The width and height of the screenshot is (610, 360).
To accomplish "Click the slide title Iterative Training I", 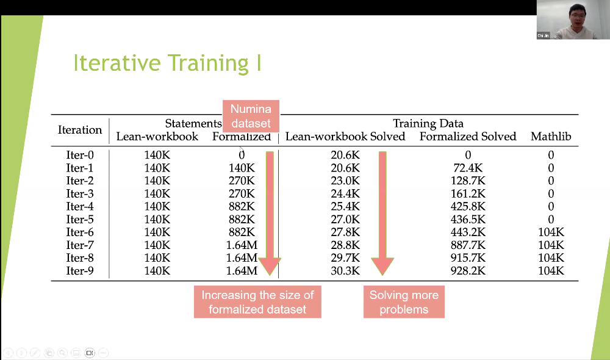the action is [x=167, y=63].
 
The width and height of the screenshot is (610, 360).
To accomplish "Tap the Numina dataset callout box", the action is [x=251, y=116].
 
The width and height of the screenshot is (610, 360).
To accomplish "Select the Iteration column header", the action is [x=80, y=129].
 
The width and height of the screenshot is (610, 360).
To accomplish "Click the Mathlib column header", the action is [x=551, y=136].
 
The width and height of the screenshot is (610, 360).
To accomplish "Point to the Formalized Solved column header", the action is [x=468, y=136].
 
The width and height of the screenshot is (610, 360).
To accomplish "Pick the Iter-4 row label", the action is [x=80, y=206].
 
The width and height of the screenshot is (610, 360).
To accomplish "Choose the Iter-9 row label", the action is [x=80, y=270].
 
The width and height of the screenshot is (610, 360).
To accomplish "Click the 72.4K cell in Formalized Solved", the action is [x=468, y=168].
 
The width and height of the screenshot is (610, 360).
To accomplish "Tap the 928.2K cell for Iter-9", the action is [x=468, y=270].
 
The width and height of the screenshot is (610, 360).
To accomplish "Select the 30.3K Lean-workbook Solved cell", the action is [x=345, y=270].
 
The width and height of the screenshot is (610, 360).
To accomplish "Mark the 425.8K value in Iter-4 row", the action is [x=468, y=206].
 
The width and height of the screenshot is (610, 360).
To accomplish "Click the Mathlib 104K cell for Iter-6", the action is [x=551, y=232].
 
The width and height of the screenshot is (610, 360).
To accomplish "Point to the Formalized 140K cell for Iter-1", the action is [x=242, y=168].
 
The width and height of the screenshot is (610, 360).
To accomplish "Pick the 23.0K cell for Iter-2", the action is [x=345, y=181].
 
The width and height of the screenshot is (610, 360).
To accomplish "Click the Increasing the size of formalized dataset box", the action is [x=257, y=302].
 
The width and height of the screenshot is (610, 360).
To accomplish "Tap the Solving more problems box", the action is [x=404, y=302].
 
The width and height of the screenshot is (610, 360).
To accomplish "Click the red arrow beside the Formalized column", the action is [x=270, y=214].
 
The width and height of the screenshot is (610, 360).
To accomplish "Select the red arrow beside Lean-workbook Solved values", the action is [x=382, y=214].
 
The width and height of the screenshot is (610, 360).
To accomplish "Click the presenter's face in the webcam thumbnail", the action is [x=577, y=15].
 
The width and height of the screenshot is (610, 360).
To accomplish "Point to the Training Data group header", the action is [x=428, y=123].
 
